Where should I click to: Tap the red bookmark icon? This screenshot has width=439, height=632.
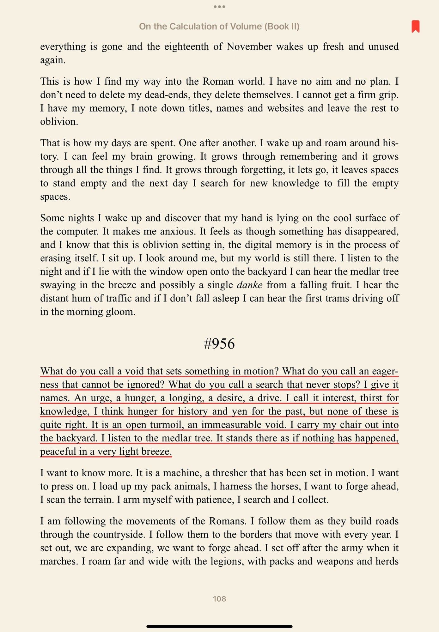[415, 26]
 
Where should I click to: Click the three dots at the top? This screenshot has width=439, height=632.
[219, 7]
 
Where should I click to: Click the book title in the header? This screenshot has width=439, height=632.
[219, 26]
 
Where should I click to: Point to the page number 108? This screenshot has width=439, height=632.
[219, 599]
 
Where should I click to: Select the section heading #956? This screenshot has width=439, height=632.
[219, 344]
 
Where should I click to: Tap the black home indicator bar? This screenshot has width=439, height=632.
[219, 626]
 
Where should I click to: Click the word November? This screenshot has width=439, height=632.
[249, 47]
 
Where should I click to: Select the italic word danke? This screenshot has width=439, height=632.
[249, 285]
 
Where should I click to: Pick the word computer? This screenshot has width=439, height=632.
[77, 232]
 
